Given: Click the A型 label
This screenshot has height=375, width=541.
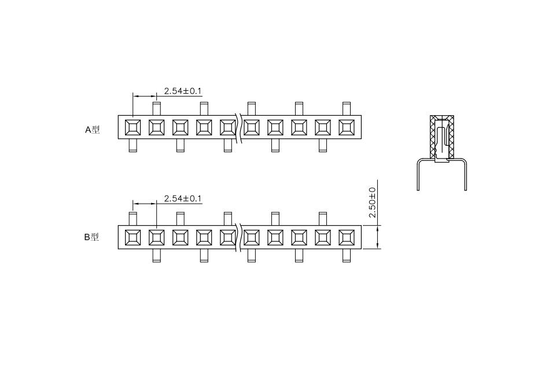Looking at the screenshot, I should (93, 130).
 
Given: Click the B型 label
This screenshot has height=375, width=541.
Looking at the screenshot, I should (91, 237).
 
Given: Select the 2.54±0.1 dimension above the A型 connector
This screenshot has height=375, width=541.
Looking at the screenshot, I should (183, 91).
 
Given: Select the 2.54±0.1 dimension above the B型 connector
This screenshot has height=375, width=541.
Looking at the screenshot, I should (183, 199).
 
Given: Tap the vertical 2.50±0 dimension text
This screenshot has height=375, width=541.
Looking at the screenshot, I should (372, 203).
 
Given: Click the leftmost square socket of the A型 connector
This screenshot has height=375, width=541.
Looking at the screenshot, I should (133, 127).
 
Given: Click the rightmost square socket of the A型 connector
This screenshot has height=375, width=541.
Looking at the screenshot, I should (347, 127).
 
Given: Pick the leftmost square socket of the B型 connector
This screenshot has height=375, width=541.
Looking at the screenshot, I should (133, 237).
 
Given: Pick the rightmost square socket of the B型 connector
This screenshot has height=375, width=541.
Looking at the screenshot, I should (347, 237).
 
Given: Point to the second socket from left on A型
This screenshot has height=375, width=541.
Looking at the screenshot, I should (156, 127).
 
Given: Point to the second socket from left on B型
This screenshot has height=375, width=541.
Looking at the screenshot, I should (156, 237).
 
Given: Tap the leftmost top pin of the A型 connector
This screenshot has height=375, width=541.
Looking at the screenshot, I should (156, 108).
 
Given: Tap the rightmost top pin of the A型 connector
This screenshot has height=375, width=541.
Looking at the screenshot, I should (347, 108).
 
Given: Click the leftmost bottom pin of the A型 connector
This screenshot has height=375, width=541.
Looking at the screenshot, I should (133, 145).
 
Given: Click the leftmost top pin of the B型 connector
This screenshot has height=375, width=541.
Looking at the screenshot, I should (133, 219).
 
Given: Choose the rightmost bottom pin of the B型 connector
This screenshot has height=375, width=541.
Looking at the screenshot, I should (347, 255).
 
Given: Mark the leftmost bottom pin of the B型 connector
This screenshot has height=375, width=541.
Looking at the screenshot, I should (156, 255).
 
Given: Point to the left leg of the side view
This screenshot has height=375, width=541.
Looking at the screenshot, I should (418, 175).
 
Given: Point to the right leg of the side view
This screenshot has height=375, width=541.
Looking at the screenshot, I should (465, 175).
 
